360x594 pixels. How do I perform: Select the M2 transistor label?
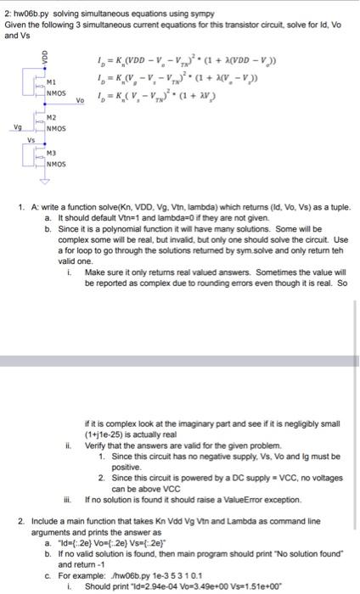51,118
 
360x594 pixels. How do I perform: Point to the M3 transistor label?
51,152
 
